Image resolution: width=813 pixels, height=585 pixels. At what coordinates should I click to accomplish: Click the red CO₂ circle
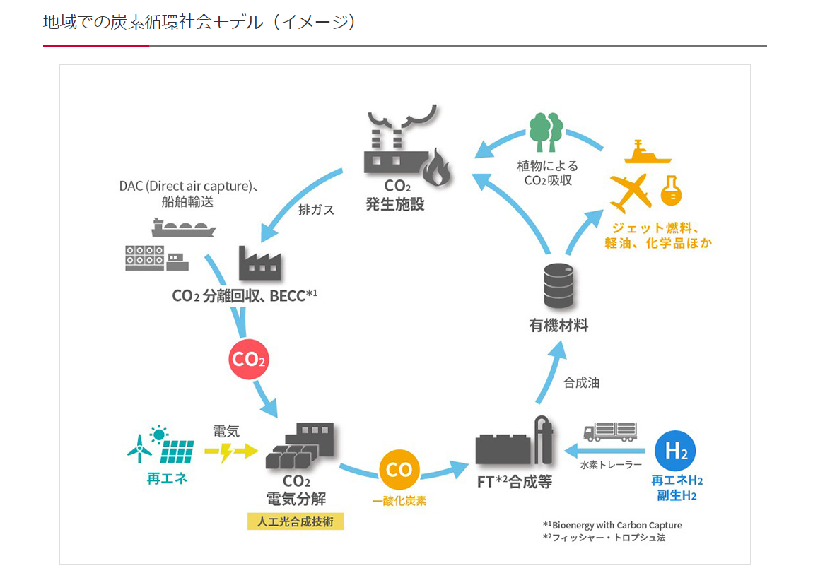249,359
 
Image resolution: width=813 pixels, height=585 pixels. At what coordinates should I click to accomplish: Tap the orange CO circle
399,469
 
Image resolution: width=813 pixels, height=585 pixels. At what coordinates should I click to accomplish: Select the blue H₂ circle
675,451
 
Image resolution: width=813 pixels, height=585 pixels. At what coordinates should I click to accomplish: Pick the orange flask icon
672,190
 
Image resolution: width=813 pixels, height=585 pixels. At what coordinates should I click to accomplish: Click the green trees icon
546,132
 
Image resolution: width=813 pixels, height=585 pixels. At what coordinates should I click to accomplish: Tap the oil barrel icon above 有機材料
558,285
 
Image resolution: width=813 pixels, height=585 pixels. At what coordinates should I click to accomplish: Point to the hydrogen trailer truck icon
610,431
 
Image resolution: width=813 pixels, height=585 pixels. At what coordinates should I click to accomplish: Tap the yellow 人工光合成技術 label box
296,521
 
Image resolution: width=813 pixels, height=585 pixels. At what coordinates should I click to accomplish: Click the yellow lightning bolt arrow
230,451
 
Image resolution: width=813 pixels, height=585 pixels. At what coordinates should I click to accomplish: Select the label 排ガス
316,210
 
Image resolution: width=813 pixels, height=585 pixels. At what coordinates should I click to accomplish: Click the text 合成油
581,383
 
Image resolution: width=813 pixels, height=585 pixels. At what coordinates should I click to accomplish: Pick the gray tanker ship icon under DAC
184,228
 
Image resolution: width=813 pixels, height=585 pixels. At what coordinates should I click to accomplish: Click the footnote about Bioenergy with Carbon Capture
612,525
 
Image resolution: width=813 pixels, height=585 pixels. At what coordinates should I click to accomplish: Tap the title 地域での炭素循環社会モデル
153,23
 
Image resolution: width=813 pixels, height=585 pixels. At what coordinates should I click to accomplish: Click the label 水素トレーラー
611,465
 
